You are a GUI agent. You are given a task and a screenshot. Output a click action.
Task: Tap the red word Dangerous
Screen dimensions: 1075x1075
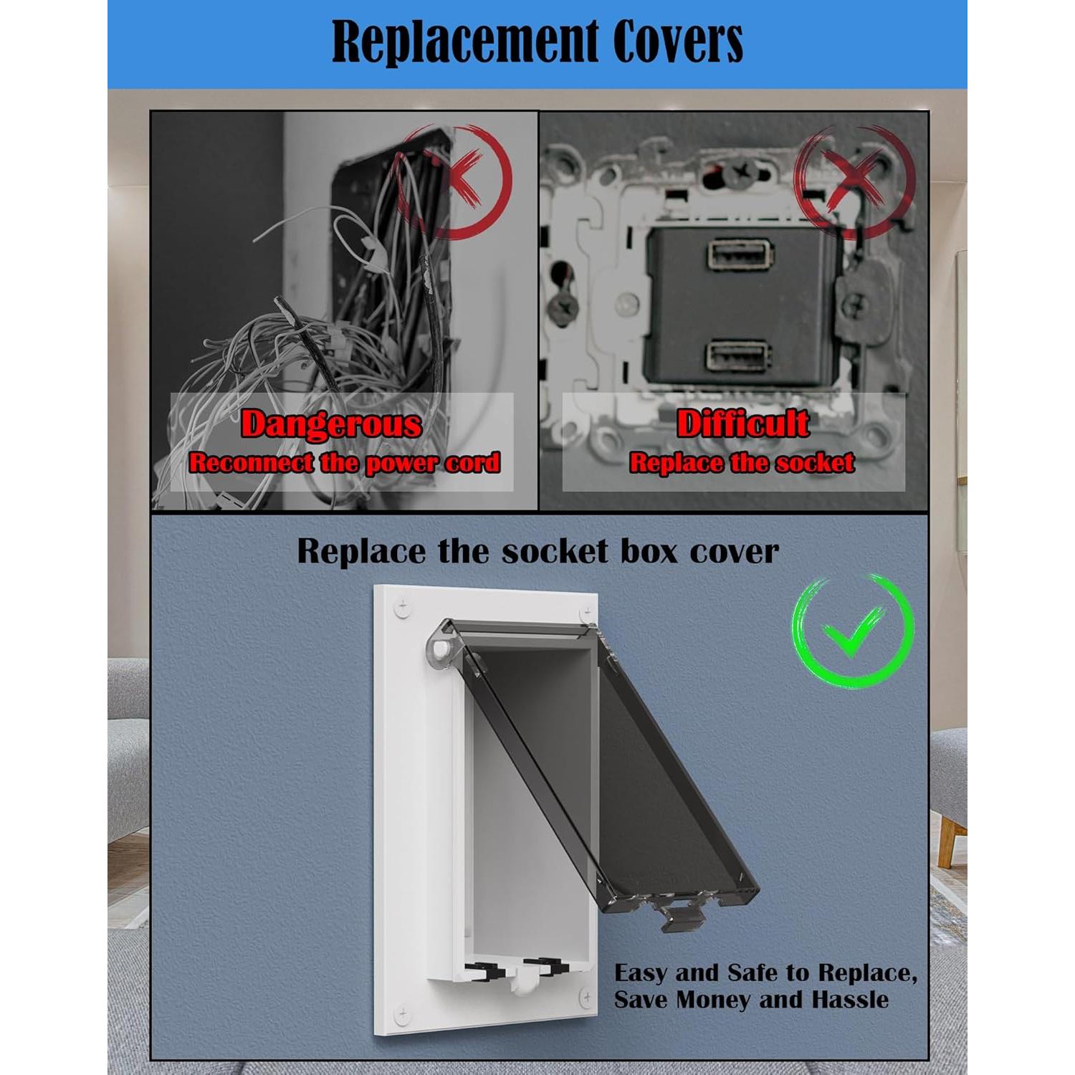tap(331, 424)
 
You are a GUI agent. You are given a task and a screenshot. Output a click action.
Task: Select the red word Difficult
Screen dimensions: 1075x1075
tap(742, 424)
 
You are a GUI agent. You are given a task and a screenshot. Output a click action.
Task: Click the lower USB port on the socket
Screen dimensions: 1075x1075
tap(738, 355)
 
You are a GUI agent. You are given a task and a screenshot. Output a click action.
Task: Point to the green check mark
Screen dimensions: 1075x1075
tap(853, 631)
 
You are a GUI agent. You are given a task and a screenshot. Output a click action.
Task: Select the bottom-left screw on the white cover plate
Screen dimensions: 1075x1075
tap(402, 1014)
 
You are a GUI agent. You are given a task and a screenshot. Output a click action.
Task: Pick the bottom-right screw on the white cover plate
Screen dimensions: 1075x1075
tap(586, 997)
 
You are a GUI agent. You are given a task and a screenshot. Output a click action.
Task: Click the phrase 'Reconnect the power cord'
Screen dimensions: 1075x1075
tap(344, 464)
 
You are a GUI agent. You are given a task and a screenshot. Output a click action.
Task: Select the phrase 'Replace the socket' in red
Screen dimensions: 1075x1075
tap(742, 464)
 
